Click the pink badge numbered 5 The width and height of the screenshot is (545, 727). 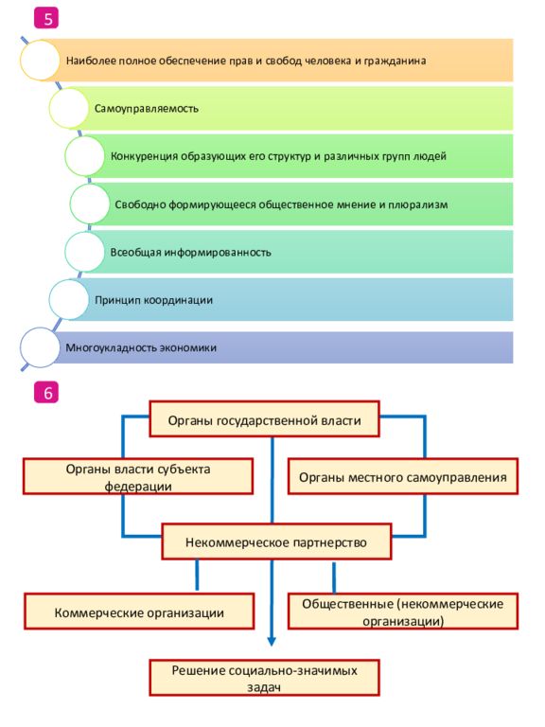tap(46, 19)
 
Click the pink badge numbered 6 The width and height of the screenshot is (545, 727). tap(46, 393)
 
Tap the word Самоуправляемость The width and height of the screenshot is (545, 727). tap(147, 109)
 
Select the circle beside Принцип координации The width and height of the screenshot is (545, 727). tap(68, 299)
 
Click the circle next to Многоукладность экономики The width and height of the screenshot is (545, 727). tap(41, 347)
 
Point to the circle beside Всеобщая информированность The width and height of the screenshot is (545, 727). tap(84, 252)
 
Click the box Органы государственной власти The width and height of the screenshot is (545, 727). tap(264, 419)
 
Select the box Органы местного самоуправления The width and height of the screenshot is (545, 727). tap(403, 476)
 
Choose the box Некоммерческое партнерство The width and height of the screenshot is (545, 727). tap(276, 541)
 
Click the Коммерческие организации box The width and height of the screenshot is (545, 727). tap(139, 612)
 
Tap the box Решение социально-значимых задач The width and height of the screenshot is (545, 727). tap(264, 678)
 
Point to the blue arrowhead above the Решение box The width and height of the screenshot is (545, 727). tap(272, 641)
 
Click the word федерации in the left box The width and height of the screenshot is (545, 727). tap(138, 486)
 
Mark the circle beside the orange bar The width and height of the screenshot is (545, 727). tap(41, 61)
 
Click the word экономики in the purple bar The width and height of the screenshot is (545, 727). tap(188, 347)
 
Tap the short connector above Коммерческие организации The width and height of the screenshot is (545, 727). tap(197, 576)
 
